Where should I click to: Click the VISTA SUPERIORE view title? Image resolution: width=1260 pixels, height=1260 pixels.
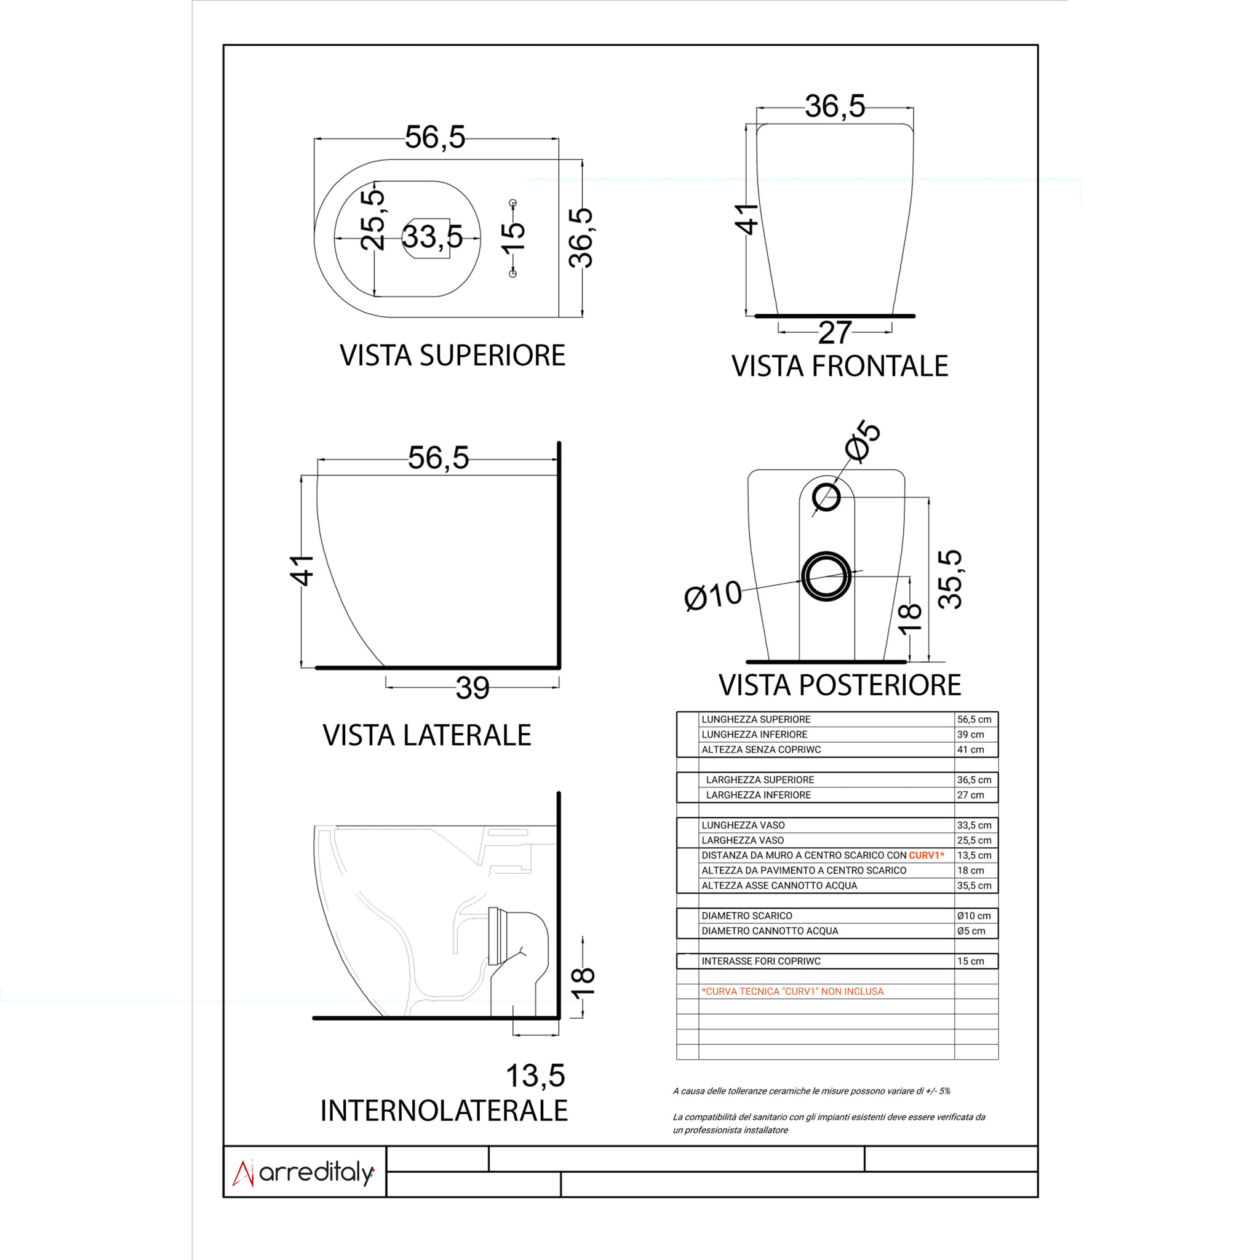coord(452,356)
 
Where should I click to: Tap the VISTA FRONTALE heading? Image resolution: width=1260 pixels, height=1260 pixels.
coord(839,367)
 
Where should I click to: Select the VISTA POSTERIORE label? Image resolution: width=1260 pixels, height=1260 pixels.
coord(839,685)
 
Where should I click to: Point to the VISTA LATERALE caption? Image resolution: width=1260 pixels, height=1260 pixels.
coord(426,736)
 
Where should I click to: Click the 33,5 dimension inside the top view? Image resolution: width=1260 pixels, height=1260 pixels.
coord(433,237)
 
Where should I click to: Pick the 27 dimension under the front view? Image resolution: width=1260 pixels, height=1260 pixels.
coord(835,333)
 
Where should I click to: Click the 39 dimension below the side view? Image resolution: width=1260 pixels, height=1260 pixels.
coord(472,688)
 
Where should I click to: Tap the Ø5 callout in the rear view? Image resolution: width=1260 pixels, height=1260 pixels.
coord(862,442)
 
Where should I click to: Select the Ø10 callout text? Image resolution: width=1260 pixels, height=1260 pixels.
coord(713,596)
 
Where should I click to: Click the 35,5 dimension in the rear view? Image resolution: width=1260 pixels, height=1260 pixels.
coord(950,579)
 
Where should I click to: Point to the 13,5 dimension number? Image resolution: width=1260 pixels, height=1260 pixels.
coord(535,1076)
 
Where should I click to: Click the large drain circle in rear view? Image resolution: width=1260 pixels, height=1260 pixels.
coord(826,576)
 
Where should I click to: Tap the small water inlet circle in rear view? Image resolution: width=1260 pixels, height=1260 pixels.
coord(826,498)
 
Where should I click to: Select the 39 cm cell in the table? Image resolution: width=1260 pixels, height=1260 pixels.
coord(970,735)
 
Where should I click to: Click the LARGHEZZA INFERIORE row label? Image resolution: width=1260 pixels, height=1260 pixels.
coord(758,795)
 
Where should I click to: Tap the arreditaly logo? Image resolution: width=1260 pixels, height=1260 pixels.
coord(304,1173)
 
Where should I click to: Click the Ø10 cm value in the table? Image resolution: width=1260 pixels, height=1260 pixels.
coord(974,915)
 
